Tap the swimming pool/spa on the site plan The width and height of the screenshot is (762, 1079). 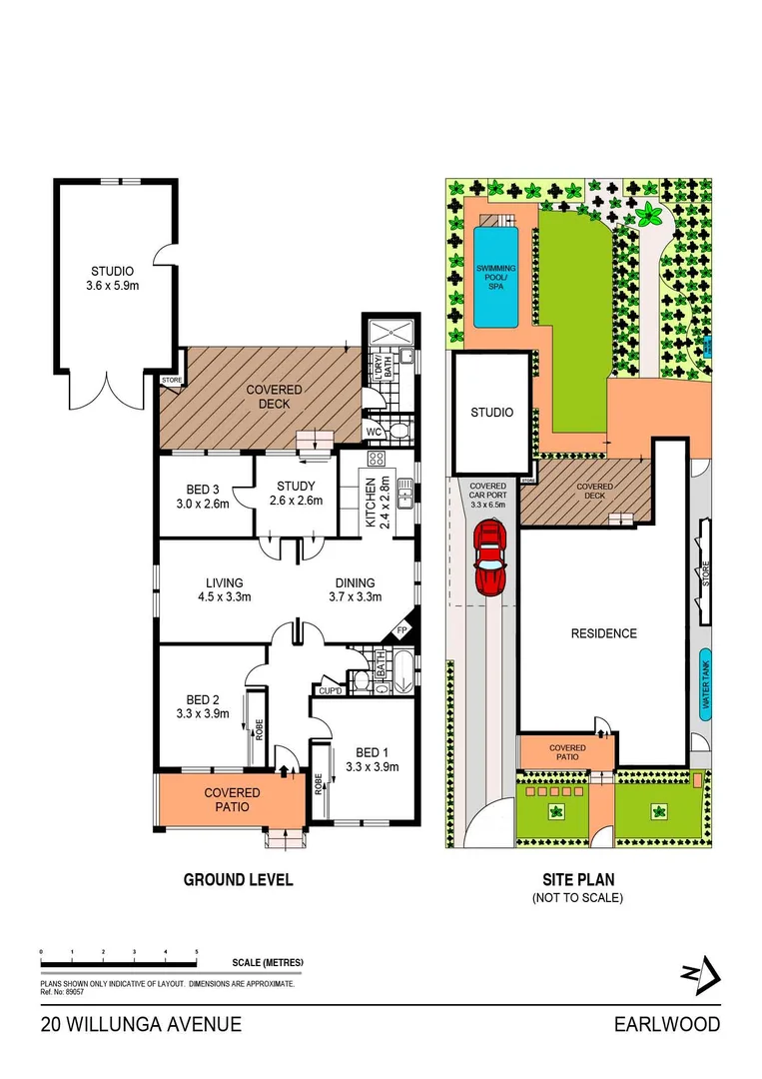pyautogui.click(x=496, y=277)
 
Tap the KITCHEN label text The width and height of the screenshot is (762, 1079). pyautogui.click(x=372, y=503)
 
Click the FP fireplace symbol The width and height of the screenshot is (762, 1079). pyautogui.click(x=401, y=630)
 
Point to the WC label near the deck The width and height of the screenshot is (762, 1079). pyautogui.click(x=374, y=432)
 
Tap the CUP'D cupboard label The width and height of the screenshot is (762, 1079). pyautogui.click(x=330, y=690)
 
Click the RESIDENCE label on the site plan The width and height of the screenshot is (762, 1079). pyautogui.click(x=603, y=633)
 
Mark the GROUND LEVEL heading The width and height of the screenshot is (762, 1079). pyautogui.click(x=238, y=880)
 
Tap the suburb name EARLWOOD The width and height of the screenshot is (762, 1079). pyautogui.click(x=666, y=1024)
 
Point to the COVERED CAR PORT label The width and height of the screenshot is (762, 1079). pyautogui.click(x=487, y=496)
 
